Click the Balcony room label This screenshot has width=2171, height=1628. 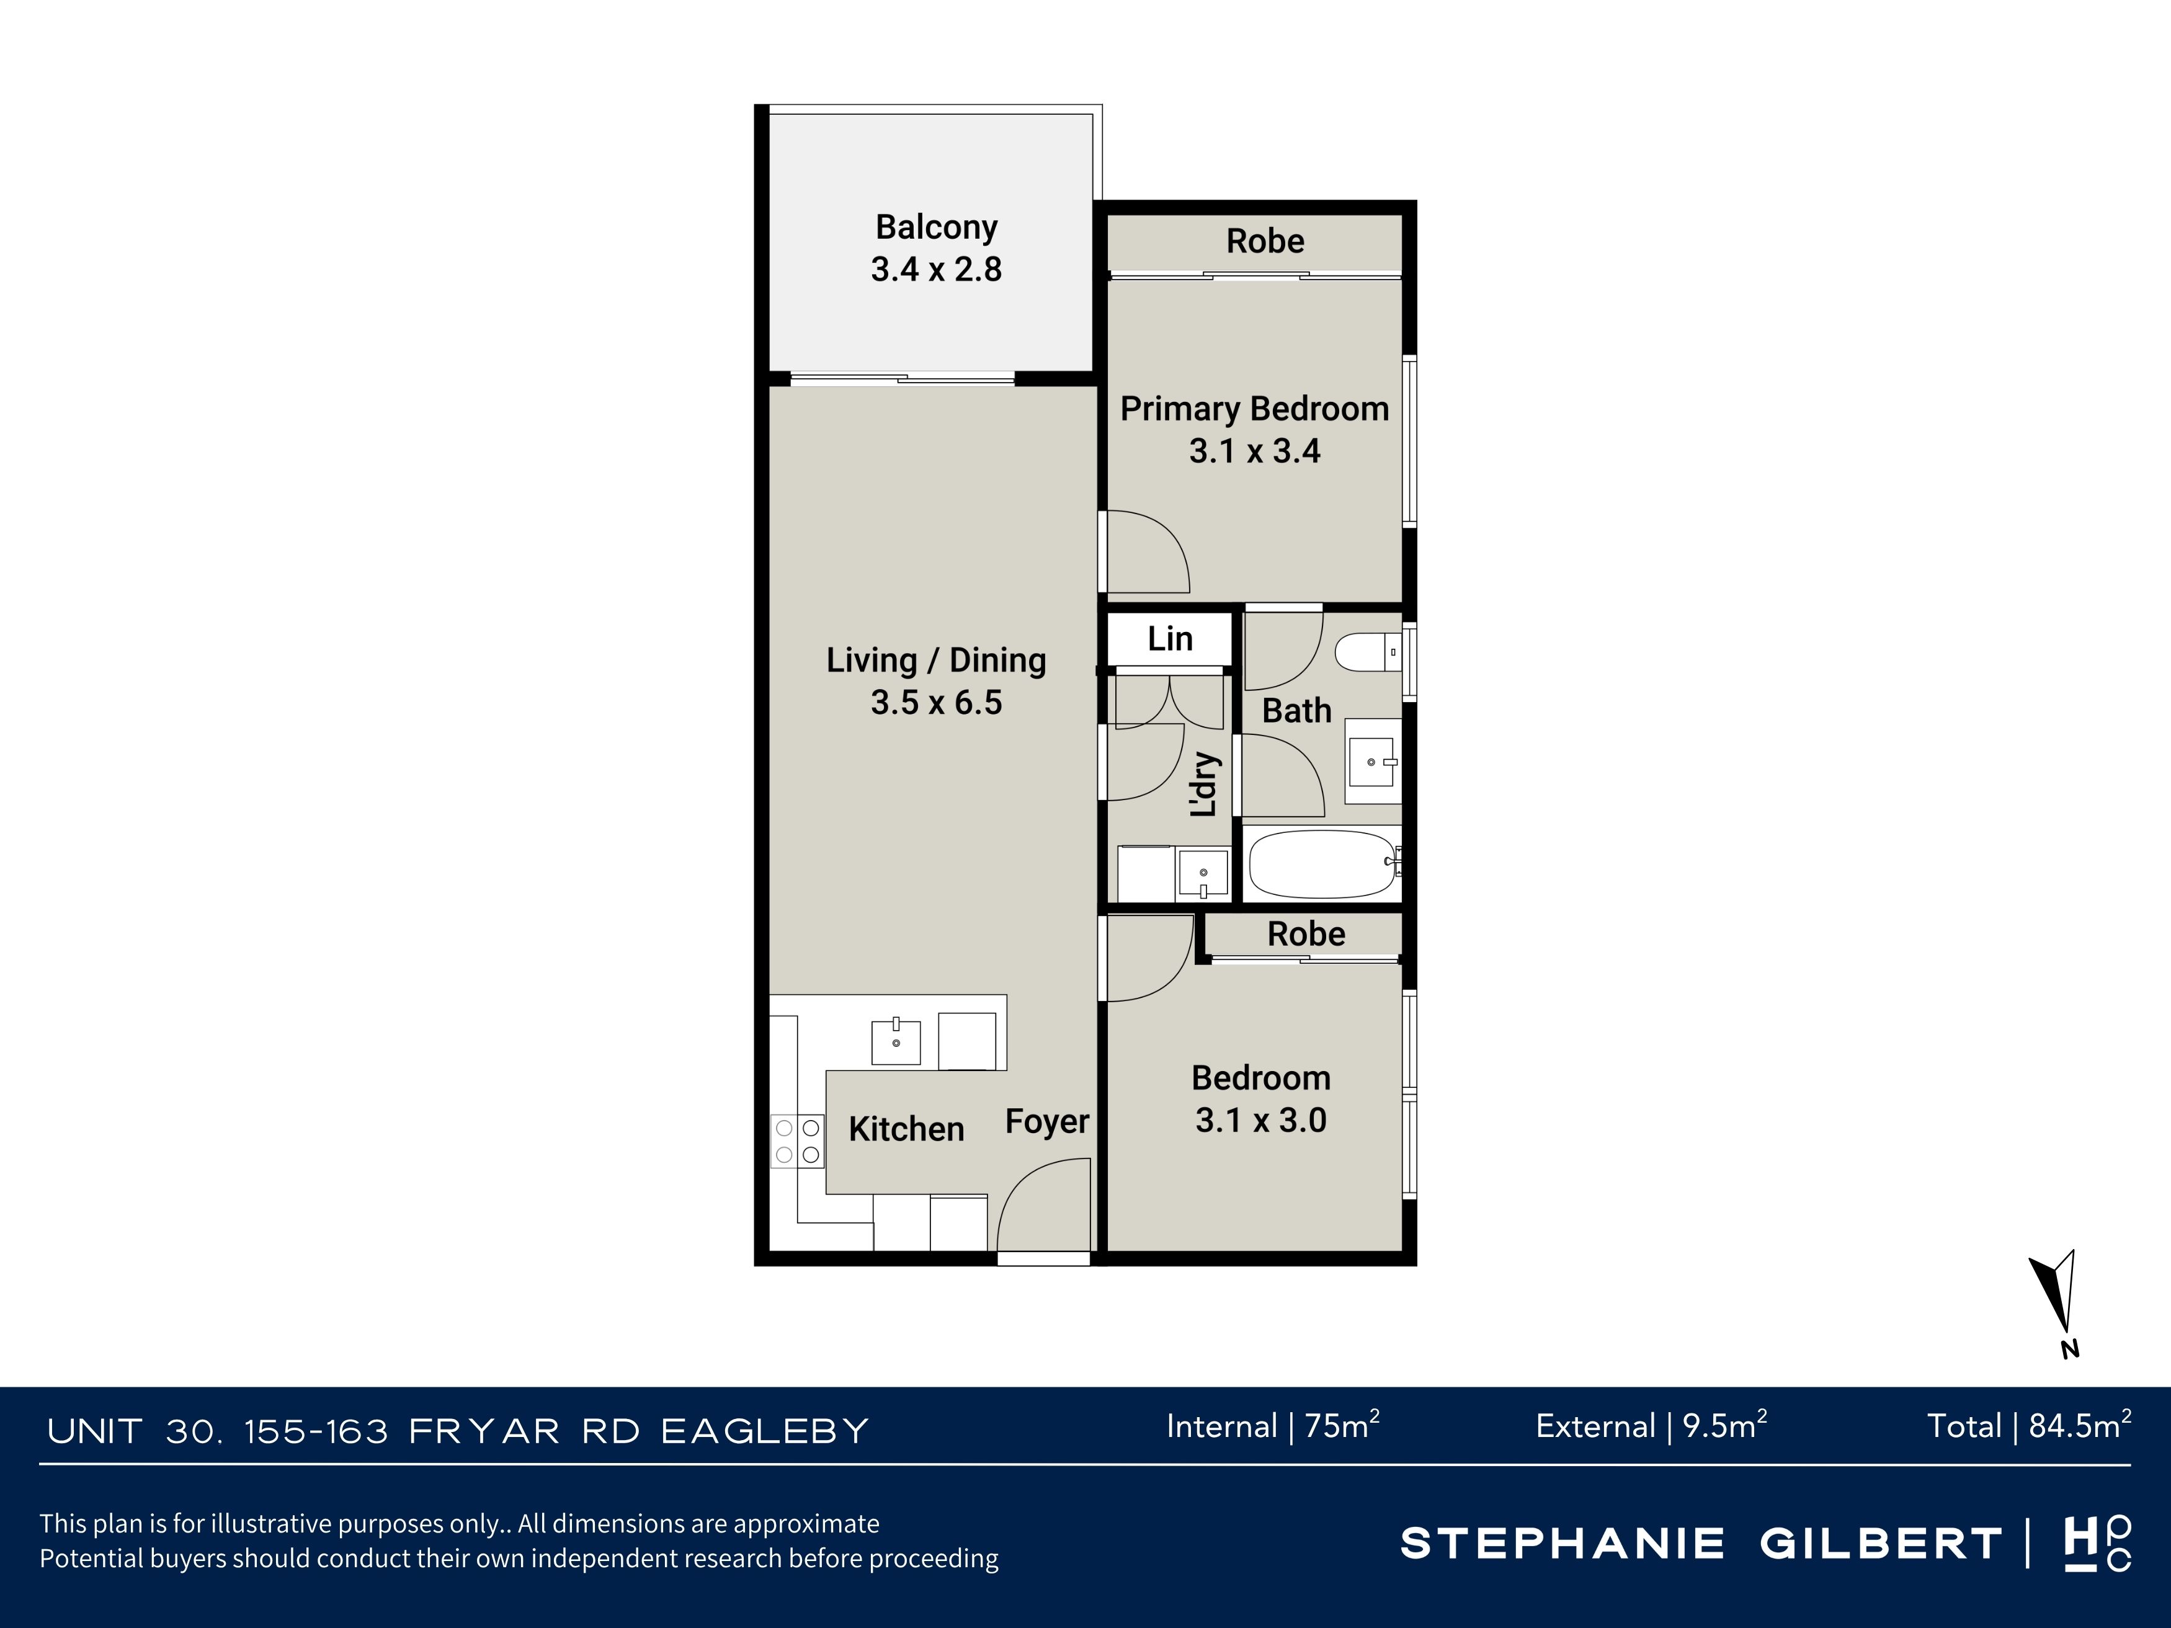(x=936, y=228)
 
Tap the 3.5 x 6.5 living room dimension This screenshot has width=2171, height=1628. (x=936, y=703)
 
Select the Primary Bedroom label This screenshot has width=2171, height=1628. (x=1254, y=409)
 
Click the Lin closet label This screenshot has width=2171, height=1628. (x=1170, y=639)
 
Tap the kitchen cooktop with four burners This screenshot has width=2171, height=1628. (x=797, y=1141)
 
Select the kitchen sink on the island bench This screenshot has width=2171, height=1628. (x=896, y=1042)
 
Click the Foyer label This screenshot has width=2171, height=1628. (x=1047, y=1122)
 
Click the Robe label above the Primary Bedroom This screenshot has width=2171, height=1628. (x=1265, y=241)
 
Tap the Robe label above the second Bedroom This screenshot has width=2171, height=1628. (x=1306, y=934)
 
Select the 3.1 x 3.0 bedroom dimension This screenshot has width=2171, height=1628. (x=1260, y=1121)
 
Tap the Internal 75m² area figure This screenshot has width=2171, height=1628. (x=1273, y=1426)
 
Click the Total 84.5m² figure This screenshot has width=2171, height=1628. (x=2030, y=1426)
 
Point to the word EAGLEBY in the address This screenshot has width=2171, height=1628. (x=765, y=1432)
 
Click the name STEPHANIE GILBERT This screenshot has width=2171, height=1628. (x=1701, y=1544)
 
